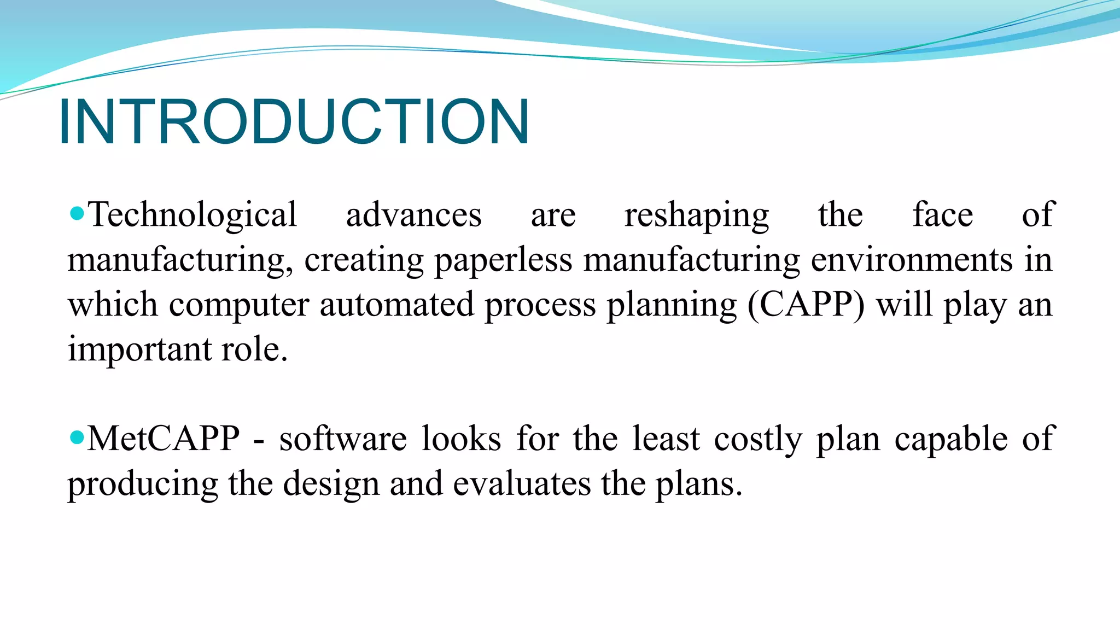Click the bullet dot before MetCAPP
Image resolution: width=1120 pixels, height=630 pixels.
pos(77,437)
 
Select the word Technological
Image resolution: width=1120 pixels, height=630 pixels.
pos(192,215)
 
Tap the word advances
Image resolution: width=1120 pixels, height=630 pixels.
pos(413,215)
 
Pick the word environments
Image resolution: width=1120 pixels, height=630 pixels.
pos(912,260)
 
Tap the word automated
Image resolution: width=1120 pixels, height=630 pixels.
pos(396,305)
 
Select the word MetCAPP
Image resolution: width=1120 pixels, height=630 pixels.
pos(164,439)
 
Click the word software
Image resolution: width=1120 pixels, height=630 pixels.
pos(343,439)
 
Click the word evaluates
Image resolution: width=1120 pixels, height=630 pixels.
pos(522,484)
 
